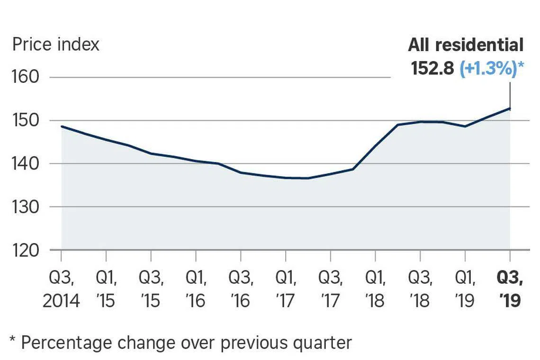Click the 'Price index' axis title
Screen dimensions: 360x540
(56, 45)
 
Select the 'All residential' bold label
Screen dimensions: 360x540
(466, 45)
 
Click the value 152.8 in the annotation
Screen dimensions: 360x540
(432, 69)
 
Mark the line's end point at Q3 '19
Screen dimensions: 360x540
(510, 108)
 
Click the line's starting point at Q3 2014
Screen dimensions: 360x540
(62, 126)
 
